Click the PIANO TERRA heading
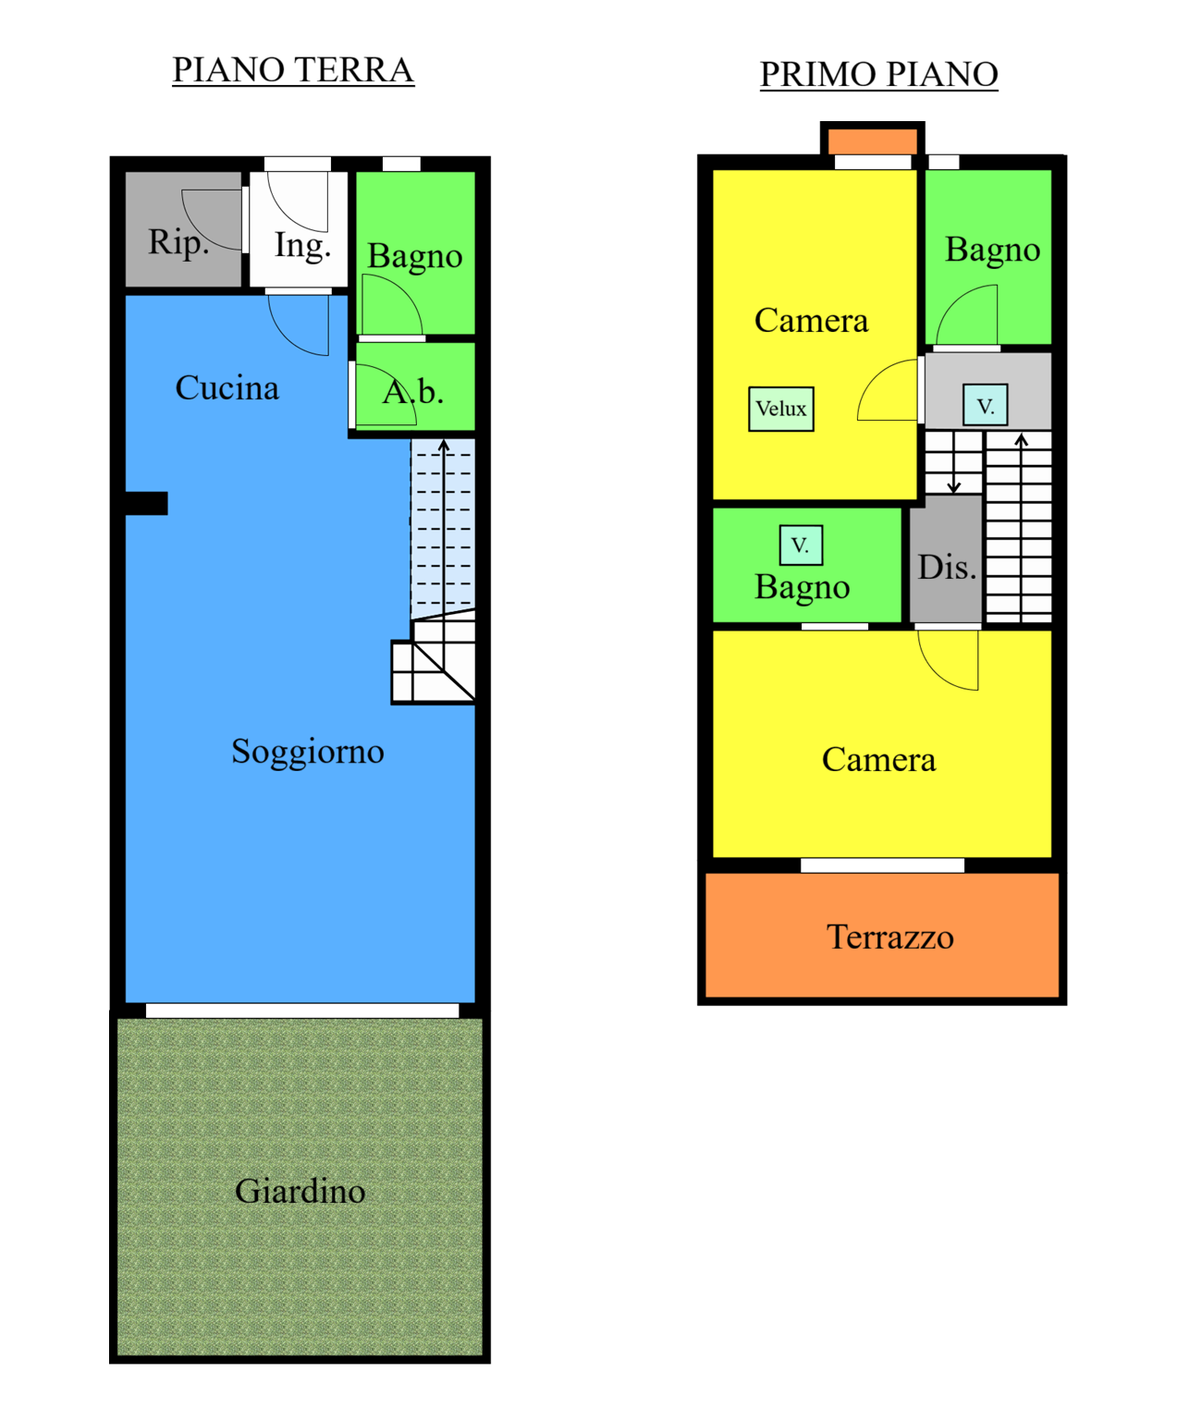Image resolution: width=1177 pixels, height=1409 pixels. (x=293, y=69)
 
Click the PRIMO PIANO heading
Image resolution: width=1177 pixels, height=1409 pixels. (x=878, y=74)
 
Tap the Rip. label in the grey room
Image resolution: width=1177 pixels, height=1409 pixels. (x=178, y=242)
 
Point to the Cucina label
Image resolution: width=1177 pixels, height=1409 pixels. (x=227, y=388)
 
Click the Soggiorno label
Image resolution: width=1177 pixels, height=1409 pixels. (x=308, y=751)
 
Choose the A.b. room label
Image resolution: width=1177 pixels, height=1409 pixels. (x=413, y=392)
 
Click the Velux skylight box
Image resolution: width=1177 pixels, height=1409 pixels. (x=781, y=409)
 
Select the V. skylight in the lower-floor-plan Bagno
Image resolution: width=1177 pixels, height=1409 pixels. (x=801, y=545)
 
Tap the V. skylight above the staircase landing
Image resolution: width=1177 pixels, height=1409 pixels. (x=986, y=405)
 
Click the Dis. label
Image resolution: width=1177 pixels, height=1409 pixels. (x=947, y=568)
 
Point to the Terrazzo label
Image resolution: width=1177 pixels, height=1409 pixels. (x=890, y=937)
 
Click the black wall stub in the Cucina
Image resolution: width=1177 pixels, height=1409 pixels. (x=146, y=503)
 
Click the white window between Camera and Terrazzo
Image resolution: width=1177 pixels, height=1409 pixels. (x=882, y=865)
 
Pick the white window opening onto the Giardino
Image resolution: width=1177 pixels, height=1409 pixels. (x=302, y=1011)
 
